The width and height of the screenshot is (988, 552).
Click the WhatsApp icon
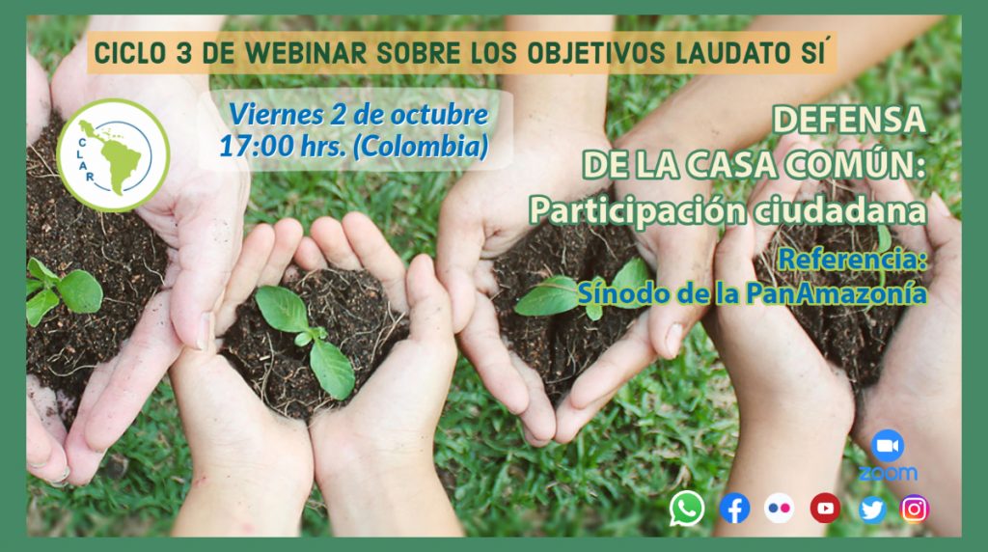coord(687,508)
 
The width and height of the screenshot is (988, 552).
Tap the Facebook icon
coord(734,509)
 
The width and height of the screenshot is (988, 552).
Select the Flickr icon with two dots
coord(780,508)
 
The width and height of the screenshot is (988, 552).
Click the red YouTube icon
coord(826,508)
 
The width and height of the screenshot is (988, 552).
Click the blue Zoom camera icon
coord(888,446)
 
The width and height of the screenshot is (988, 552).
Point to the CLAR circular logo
coord(113,155)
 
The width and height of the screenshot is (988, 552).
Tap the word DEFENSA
coord(849,120)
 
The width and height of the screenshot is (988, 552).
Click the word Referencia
coord(852,259)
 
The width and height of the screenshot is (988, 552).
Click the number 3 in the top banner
coord(184,53)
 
